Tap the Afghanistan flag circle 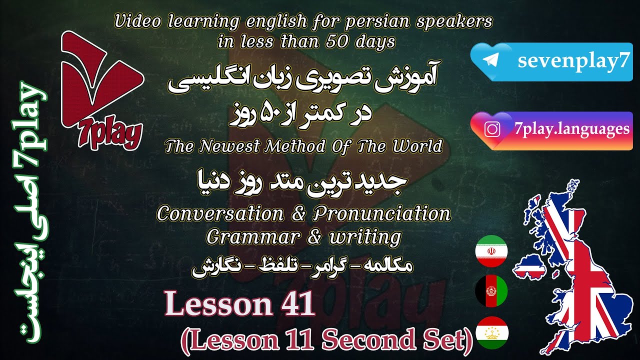click(x=491, y=290)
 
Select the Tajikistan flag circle click(x=491, y=332)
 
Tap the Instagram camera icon click(x=493, y=129)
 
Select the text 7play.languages click(x=571, y=129)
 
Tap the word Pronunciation click(x=381, y=213)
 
